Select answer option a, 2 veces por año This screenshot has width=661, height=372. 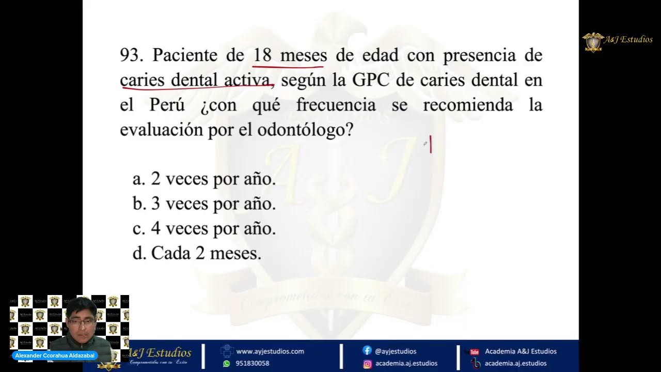tap(204, 179)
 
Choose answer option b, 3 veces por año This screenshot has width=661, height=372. tap(204, 204)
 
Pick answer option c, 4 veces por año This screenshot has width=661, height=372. tap(204, 228)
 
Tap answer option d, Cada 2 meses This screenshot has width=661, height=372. tap(197, 253)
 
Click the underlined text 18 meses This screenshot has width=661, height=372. tap(289, 55)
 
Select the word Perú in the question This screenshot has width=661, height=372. tap(167, 105)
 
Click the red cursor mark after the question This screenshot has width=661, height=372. tap(430, 145)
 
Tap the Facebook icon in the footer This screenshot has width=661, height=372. tap(367, 351)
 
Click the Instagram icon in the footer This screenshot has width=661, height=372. tap(367, 364)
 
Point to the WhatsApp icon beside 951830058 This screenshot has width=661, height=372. tap(226, 364)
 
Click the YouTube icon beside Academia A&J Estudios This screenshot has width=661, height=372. tap(475, 352)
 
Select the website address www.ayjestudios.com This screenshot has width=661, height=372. tap(270, 351)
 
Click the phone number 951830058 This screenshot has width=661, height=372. tap(253, 364)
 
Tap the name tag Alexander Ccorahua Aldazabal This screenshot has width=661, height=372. tap(54, 356)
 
